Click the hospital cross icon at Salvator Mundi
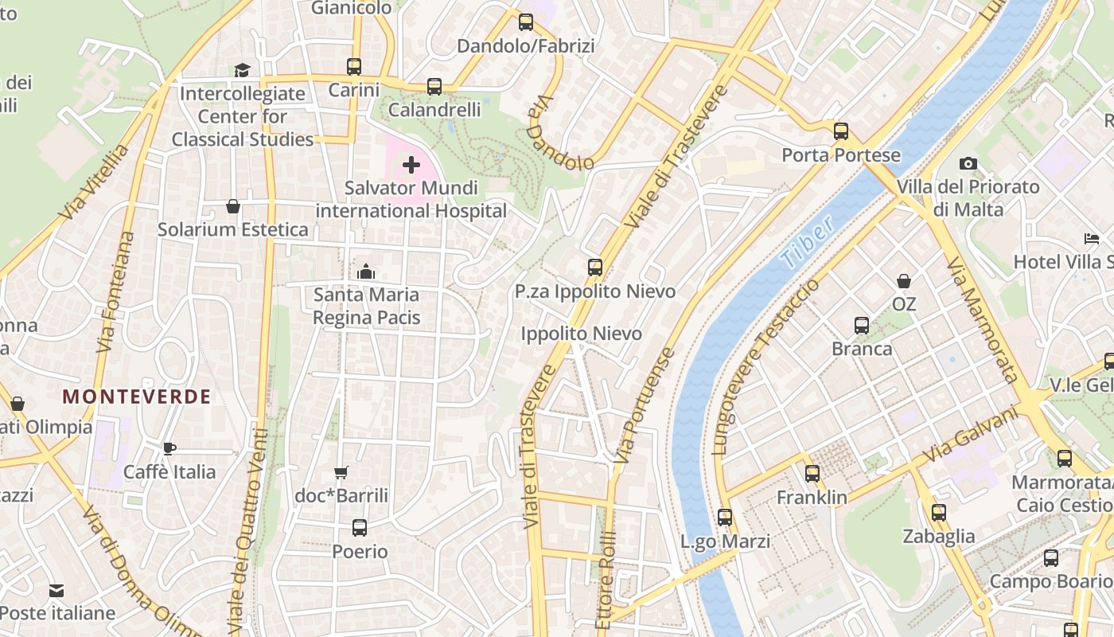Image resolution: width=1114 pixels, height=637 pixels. (411, 165)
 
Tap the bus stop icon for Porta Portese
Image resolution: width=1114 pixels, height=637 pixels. (841, 131)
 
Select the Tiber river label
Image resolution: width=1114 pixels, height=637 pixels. (807, 241)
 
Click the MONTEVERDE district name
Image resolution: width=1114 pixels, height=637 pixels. (137, 397)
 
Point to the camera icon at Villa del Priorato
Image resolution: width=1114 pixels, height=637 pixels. (968, 163)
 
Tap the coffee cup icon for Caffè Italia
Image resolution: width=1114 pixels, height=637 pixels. (169, 448)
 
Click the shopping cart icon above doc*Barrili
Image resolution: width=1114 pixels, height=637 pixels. (341, 472)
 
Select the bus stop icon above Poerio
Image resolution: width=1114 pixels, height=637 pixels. (360, 527)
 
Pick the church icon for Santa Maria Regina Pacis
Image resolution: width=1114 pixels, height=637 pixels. (366, 272)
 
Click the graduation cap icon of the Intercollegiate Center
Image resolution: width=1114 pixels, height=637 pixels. (242, 70)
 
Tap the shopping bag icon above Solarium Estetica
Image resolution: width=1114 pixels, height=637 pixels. (233, 206)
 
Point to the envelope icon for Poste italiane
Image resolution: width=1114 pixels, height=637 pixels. (56, 590)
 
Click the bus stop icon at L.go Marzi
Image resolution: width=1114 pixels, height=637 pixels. (725, 518)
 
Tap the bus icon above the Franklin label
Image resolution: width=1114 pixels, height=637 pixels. (812, 474)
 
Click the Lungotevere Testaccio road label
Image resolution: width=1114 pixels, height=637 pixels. (765, 367)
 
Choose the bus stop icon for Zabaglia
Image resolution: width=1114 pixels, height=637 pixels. (939, 512)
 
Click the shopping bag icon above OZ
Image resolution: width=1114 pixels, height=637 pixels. (904, 281)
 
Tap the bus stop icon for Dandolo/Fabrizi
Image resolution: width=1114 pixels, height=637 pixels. (526, 22)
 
